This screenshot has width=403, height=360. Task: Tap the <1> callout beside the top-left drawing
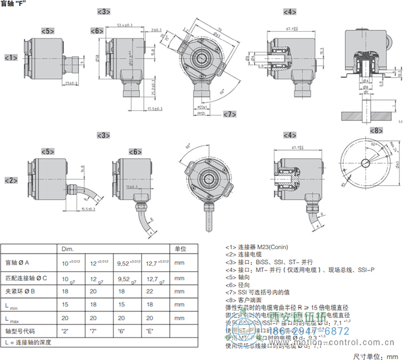click(11, 58)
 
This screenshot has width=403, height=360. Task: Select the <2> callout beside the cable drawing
click(11, 181)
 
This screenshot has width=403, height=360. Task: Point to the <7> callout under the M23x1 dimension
click(230, 114)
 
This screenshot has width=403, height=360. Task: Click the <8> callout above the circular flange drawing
click(375, 131)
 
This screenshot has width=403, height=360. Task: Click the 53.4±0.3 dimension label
click(125, 25)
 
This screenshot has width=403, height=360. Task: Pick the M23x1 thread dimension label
click(197, 108)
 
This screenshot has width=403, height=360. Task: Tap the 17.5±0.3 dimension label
click(155, 108)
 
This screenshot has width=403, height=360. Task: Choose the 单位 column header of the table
click(180, 248)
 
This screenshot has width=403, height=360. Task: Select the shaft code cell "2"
click(65, 331)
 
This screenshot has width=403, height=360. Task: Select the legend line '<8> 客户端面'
click(245, 300)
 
